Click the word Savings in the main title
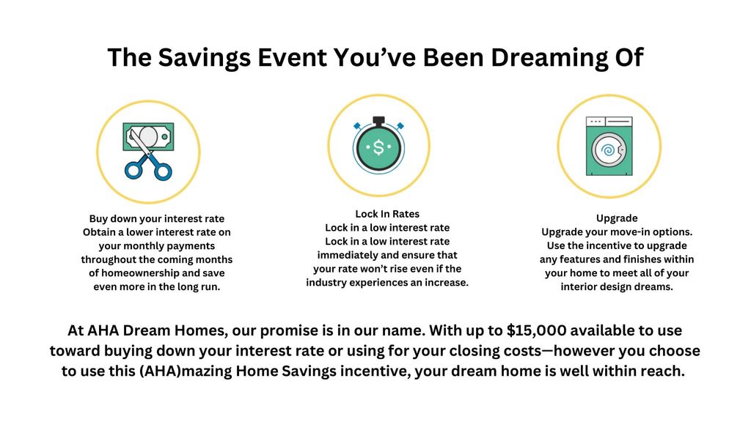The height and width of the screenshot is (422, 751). [205, 58]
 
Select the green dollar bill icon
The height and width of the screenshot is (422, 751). [148, 137]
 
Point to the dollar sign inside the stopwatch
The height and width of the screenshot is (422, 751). [379, 147]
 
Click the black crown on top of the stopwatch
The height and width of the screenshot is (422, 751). [379, 120]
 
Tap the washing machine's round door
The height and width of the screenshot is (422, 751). [608, 150]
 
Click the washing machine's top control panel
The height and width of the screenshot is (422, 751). [609, 122]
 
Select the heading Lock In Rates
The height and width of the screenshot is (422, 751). [387, 214]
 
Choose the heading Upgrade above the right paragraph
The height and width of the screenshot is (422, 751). [617, 218]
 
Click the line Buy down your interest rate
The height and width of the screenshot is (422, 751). [157, 218]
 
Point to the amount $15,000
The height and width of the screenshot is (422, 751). [536, 330]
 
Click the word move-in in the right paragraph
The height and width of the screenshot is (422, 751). [619, 232]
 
